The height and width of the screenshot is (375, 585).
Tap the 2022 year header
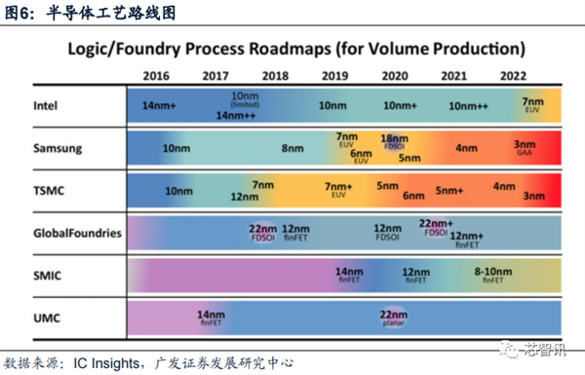point(515,75)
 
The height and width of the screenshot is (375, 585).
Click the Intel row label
point(47,104)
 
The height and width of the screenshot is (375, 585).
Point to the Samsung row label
point(58,148)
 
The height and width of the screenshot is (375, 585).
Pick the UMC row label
point(47,317)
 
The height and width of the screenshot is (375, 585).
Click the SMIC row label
point(48,275)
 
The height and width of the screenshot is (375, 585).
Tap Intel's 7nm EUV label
point(532,103)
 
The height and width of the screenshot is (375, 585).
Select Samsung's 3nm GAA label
point(524,148)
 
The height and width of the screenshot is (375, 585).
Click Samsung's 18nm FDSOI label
point(394,142)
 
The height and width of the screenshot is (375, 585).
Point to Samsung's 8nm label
point(292,148)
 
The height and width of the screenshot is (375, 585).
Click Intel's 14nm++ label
point(236,115)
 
